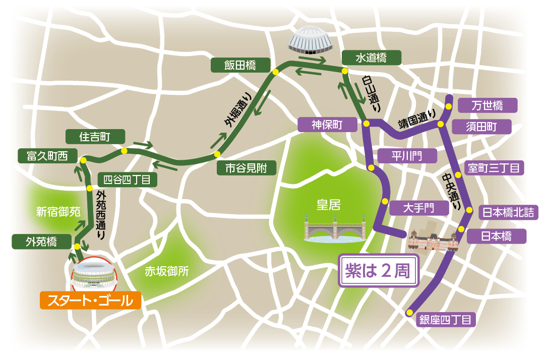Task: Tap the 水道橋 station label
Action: [x=371, y=58]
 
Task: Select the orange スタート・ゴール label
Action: [x=90, y=301]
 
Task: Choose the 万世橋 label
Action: [x=487, y=105]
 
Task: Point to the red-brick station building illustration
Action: [x=433, y=237]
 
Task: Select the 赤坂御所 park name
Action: [x=167, y=271]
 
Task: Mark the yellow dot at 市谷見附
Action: [x=217, y=154]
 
